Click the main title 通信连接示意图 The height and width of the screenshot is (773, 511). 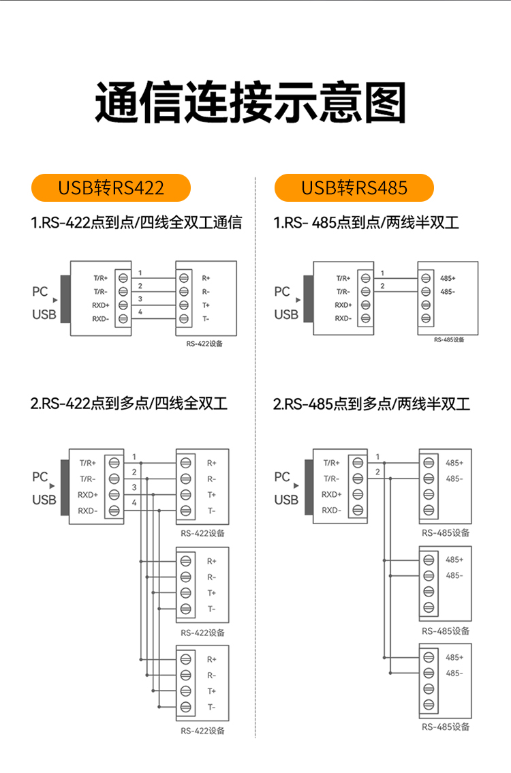coord(251,103)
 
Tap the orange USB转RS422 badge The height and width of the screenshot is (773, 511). coord(111,187)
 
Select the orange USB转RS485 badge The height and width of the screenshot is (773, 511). coord(354,187)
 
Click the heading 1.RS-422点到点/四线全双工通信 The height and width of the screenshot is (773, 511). coord(136,223)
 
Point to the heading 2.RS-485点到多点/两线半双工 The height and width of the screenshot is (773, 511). coord(371,404)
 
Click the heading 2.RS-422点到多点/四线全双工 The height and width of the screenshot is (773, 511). coord(129,404)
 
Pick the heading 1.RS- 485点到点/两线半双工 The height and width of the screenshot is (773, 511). coord(366,223)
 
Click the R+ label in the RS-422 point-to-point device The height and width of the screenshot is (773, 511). coord(206,278)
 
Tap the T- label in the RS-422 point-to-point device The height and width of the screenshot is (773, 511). coord(206,318)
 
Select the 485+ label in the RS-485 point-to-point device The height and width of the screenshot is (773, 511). coord(448,278)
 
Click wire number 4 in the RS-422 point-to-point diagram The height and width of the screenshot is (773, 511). coord(140,312)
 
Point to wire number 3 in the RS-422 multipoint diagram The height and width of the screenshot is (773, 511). coord(134,487)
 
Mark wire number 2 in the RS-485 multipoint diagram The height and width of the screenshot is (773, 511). coord(377,472)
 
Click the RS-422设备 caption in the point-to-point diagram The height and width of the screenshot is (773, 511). coord(204,344)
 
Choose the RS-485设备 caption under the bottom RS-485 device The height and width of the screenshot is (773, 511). coord(446,727)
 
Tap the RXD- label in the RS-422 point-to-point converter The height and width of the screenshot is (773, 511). coord(101,318)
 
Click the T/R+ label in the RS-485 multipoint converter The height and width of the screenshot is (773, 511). coord(331,462)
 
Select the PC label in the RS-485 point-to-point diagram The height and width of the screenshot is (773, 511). coord(282,292)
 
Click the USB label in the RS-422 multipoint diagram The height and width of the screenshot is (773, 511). coord(44,500)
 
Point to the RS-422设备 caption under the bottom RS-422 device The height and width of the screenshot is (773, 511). coord(202,731)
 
